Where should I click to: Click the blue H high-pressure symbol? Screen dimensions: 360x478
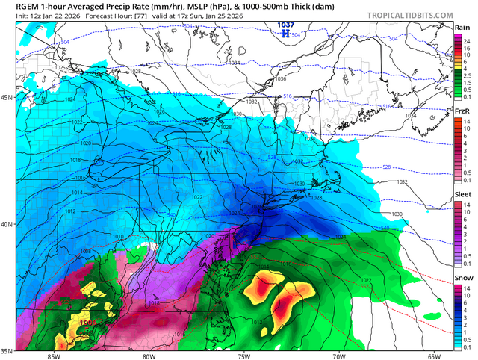[285, 34]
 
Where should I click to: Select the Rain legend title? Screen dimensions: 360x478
[463, 27]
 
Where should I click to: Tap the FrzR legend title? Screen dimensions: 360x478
[463, 111]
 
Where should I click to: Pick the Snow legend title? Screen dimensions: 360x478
[463, 277]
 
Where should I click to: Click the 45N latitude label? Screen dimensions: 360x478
[7, 97]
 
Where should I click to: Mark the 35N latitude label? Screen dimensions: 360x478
[7, 350]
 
